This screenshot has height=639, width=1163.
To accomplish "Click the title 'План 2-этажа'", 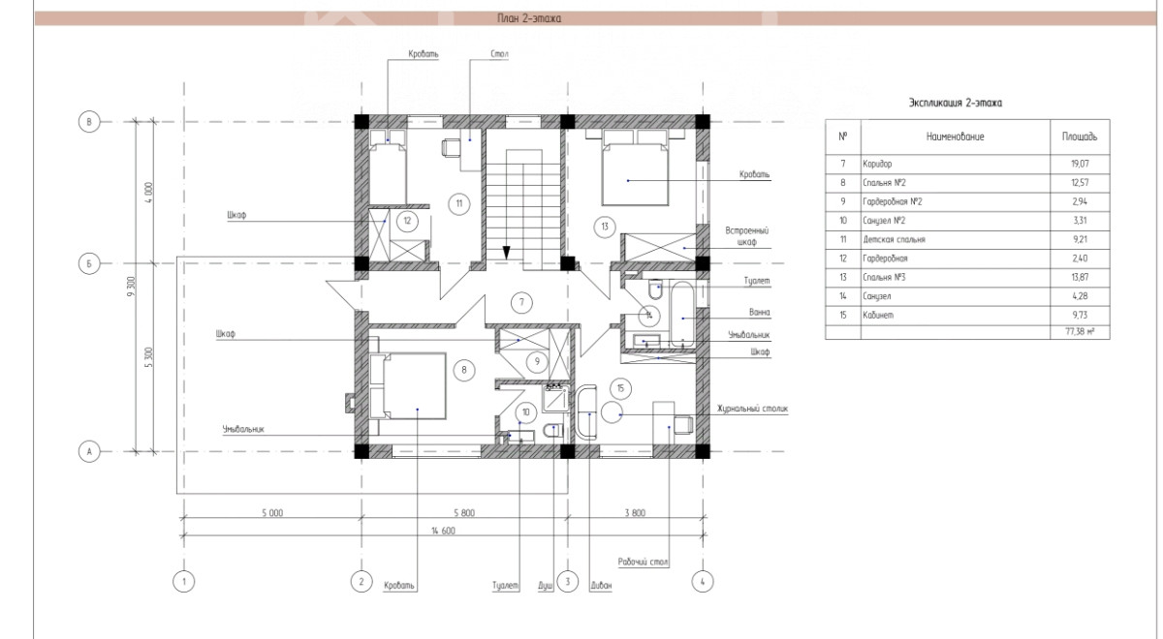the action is pos(529,18).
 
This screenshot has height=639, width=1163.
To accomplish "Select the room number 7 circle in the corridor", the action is pos(521,302).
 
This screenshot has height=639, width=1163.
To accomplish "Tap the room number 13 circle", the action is pos(605,227).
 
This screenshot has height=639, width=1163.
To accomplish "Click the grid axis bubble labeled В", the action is pos(89,122).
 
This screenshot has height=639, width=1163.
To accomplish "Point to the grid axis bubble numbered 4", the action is pos(703,582).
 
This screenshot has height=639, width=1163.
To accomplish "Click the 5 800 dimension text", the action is pos(464,513).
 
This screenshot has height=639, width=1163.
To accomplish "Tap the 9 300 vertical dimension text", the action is pos(132,287).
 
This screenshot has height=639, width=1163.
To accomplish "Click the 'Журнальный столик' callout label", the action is pos(752,409).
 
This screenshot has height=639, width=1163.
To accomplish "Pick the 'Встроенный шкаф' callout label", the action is pos(746,236).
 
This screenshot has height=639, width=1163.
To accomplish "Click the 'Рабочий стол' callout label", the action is pos(643,562).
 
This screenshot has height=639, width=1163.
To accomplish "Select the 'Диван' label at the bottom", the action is pos(601,586).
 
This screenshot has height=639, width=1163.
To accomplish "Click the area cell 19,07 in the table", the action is pos(1080,164).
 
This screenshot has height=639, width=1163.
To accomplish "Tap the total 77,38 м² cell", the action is pos(1080,331).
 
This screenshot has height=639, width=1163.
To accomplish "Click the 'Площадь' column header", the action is pos(1080,137).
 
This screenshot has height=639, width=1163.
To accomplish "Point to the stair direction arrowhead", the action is pos(506,253).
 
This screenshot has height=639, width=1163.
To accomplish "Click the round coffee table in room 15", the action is pos(612,411).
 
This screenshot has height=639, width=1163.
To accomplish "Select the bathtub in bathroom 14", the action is pos(682,314).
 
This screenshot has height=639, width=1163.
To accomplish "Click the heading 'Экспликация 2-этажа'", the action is pos(956,103).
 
